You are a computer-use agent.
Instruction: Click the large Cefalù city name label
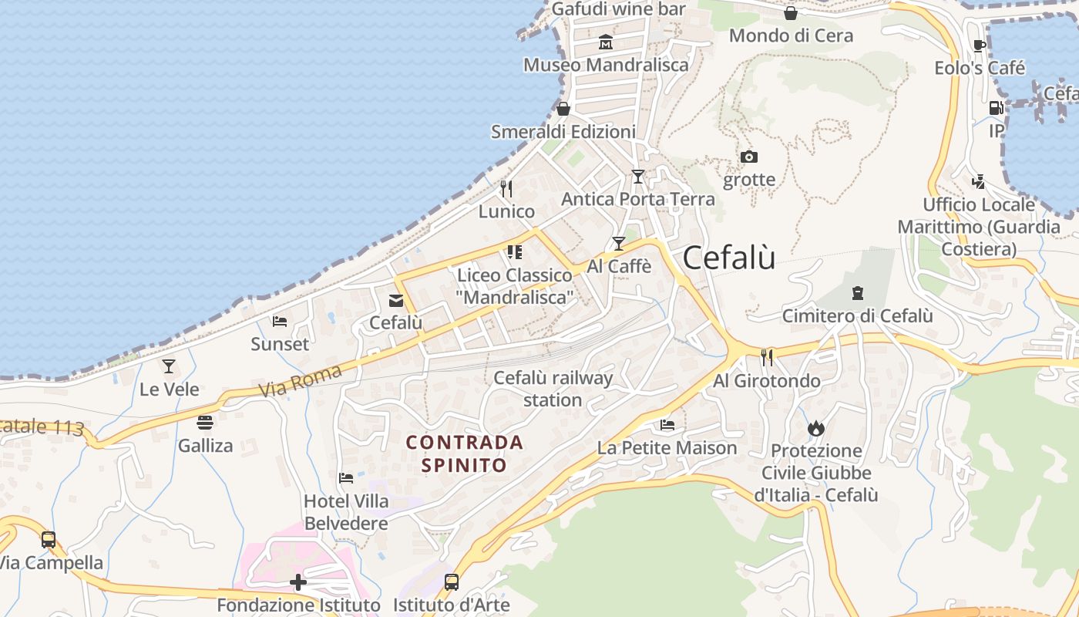click(x=729, y=258)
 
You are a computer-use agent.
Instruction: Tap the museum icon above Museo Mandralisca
click(x=606, y=42)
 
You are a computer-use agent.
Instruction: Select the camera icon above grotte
click(x=748, y=157)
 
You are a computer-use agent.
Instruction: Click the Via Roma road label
click(x=301, y=381)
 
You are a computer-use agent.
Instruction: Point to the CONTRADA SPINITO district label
click(x=464, y=453)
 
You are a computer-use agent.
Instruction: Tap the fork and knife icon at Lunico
click(x=506, y=188)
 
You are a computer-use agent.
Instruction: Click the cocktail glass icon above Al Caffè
click(x=618, y=244)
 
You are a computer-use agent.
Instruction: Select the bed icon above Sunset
click(x=280, y=321)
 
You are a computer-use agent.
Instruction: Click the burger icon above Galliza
click(x=204, y=423)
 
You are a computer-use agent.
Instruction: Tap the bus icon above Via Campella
click(x=49, y=540)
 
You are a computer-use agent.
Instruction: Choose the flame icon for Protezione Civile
click(x=816, y=428)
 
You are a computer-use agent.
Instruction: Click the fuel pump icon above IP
click(x=997, y=108)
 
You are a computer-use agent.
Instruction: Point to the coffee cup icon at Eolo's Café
click(x=980, y=46)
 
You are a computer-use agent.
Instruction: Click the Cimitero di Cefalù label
click(x=857, y=316)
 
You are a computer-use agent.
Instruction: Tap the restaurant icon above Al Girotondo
click(x=766, y=357)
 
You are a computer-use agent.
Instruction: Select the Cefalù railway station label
click(x=553, y=389)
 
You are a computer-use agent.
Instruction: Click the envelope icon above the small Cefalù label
click(x=396, y=301)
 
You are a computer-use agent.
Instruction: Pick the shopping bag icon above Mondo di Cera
click(x=791, y=13)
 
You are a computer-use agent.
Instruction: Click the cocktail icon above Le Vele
click(x=169, y=366)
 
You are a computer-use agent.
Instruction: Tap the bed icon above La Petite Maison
click(x=667, y=425)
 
